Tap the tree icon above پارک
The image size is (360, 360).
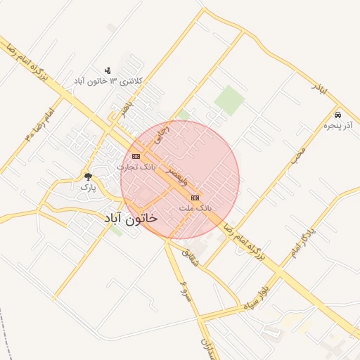(88, 176)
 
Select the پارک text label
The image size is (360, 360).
(87, 187)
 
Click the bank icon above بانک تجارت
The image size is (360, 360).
(136, 156)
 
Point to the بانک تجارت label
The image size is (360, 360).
(136, 167)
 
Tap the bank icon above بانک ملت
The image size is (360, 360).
(195, 198)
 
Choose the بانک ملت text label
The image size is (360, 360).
(195, 209)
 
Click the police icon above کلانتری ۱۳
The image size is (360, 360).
(108, 70)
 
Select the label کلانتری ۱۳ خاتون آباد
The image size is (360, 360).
(108, 82)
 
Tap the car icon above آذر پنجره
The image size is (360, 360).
(338, 115)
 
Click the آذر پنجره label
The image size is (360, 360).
(337, 126)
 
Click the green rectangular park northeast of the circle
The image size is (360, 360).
(229, 100)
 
